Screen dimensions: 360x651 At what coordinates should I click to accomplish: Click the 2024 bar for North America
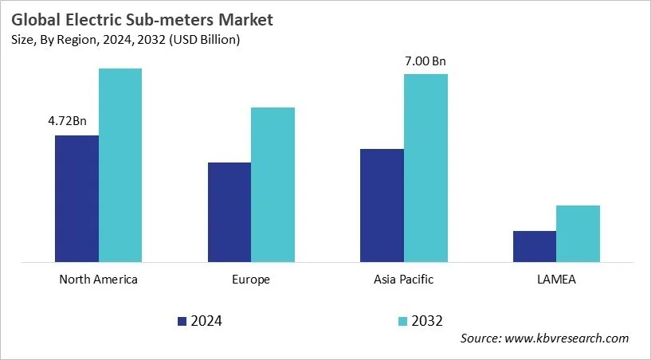pos(76,198)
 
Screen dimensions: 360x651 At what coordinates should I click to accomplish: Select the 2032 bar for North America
pos(120,165)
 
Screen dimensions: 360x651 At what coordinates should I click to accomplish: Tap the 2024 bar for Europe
pos(229,212)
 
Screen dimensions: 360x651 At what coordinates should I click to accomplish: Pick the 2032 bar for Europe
pos(273,184)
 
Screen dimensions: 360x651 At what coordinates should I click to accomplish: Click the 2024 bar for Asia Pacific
pos(382,205)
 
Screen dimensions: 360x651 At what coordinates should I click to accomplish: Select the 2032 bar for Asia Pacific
pos(426,167)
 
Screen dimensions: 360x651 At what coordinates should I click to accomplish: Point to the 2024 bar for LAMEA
pos(535,246)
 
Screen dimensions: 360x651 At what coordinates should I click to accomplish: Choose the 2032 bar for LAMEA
pos(578,233)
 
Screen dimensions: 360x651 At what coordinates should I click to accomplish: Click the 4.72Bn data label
pos(68,121)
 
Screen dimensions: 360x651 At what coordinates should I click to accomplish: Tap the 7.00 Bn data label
pos(426,60)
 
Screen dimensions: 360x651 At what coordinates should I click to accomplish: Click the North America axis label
pos(98,280)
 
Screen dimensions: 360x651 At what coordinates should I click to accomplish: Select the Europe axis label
pos(251,280)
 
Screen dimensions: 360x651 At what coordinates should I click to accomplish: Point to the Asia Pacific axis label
pos(403,280)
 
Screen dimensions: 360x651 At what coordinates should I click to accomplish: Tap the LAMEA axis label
pos(556,280)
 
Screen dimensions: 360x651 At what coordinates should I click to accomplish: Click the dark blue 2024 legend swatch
pos(181,321)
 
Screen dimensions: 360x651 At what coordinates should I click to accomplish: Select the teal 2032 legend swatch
pos(403,321)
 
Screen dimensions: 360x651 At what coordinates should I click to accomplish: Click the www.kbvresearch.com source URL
pos(566,338)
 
